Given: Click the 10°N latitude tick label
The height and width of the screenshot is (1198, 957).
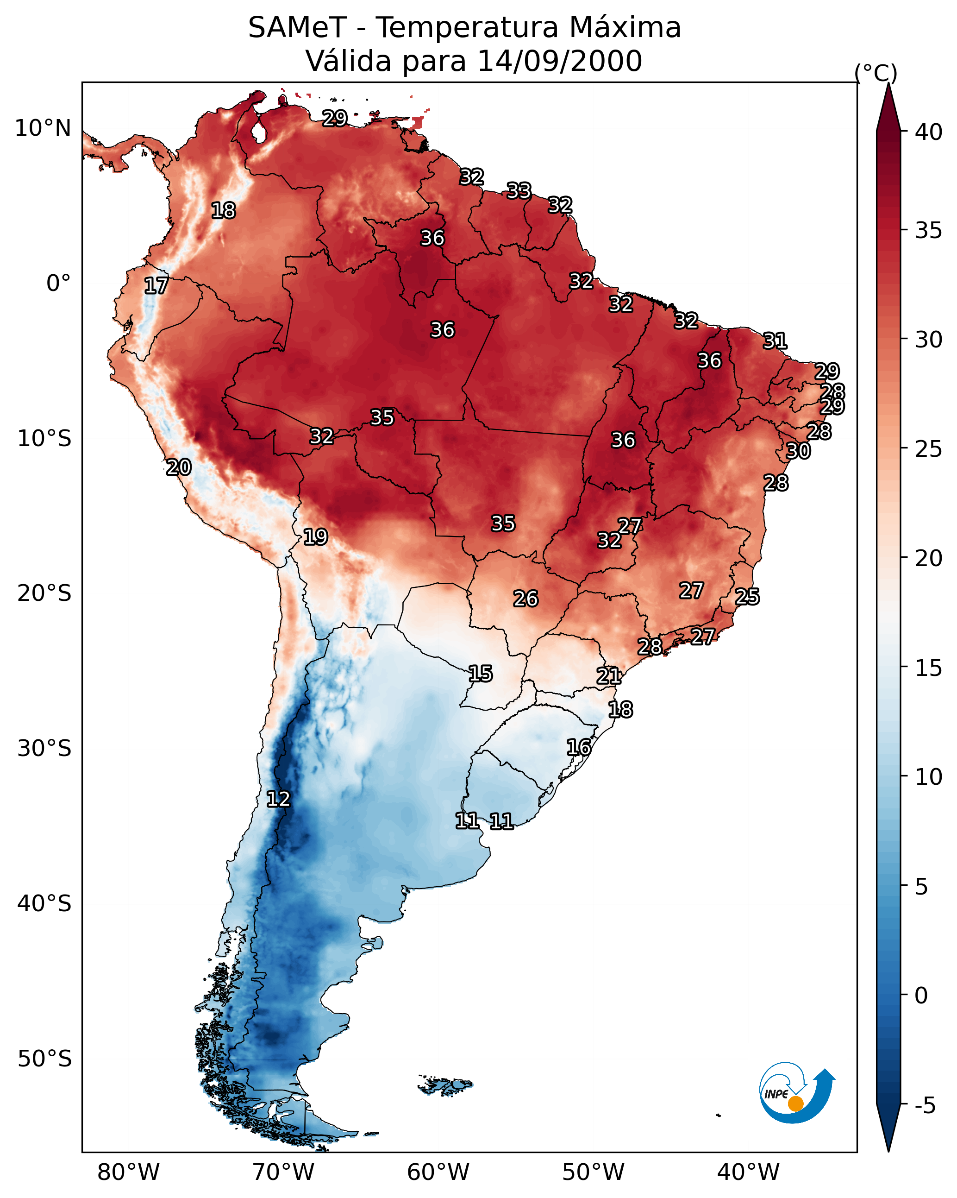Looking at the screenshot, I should point(43,128).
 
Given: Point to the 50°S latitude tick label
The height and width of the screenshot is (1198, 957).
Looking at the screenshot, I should point(44,1059).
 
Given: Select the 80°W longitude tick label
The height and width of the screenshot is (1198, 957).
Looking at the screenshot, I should point(128,1173).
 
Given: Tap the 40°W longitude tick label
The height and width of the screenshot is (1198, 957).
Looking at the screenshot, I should point(748,1173).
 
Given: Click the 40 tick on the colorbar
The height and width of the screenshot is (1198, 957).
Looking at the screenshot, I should point(929,132).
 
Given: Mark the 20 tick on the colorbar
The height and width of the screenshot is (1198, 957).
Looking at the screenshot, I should point(929,558).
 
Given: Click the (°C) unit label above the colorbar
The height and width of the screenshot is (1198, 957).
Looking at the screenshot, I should point(876,73).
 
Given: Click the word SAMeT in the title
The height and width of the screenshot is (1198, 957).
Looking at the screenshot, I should point(297,28).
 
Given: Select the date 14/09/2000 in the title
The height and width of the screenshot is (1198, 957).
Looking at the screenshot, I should point(559,61).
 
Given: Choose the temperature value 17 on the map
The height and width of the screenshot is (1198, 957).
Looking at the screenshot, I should point(156,286).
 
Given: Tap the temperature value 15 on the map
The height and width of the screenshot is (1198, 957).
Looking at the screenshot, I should point(481,674).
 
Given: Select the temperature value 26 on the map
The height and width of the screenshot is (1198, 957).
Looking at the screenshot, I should point(525,599).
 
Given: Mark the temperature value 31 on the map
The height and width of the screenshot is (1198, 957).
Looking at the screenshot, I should point(775,341).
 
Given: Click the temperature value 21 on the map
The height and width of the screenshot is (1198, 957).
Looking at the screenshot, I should point(609,676).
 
